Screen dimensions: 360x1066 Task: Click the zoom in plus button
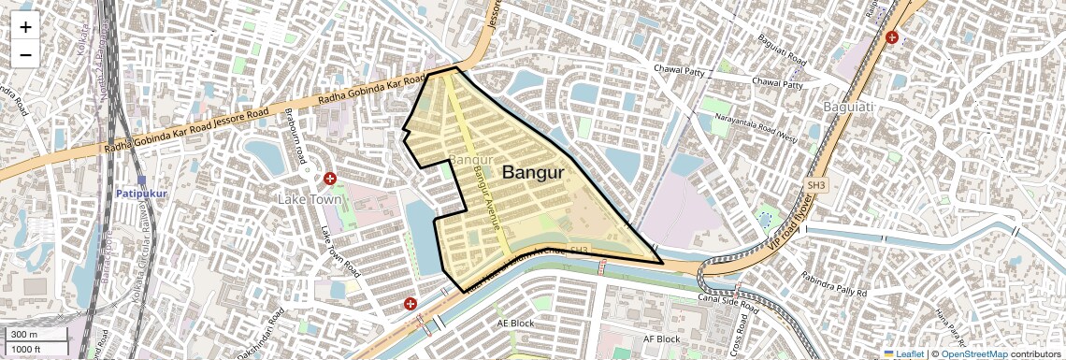tap(25, 27)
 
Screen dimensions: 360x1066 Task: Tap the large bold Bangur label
tap(533, 173)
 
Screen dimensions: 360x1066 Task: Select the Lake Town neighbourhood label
tap(310, 199)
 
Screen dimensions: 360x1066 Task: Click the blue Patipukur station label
tap(141, 193)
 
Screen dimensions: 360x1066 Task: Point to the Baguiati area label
tap(848, 108)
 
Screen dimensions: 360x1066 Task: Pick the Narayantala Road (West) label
tap(756, 128)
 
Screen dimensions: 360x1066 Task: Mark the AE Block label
tap(515, 323)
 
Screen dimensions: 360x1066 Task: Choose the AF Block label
tap(661, 338)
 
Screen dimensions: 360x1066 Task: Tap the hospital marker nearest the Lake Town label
tap(329, 178)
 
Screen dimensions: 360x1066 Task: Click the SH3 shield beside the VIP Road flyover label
tap(816, 186)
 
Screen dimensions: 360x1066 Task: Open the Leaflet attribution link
tap(904, 353)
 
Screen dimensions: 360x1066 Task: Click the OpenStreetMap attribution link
tap(973, 353)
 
